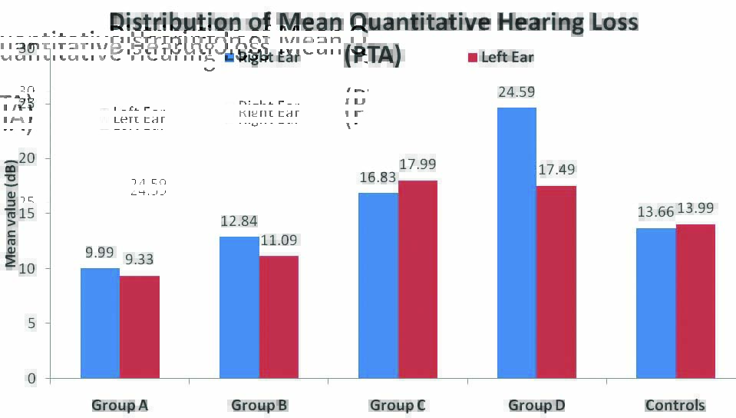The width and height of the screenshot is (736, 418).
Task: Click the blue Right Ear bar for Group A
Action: [x=100, y=323]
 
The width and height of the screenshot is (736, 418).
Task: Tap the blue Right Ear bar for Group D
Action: [x=517, y=243]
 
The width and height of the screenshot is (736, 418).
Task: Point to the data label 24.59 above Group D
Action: [x=517, y=92]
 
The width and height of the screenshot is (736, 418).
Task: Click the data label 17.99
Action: [x=418, y=164]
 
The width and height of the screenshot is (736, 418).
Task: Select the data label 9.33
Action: [x=140, y=260]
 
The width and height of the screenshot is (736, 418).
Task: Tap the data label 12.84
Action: [x=239, y=221]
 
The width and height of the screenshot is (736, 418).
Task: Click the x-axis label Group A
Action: [x=120, y=405]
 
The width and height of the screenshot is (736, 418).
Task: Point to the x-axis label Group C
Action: [x=398, y=405]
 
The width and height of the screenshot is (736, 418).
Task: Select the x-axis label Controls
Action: [x=675, y=405]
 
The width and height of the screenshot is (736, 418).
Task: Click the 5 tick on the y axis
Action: [x=31, y=323]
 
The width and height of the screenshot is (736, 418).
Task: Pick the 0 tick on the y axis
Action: [x=31, y=378]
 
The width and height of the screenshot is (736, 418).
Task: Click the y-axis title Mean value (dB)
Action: [x=11, y=218]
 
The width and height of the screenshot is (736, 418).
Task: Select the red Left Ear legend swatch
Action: [x=472, y=58]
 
